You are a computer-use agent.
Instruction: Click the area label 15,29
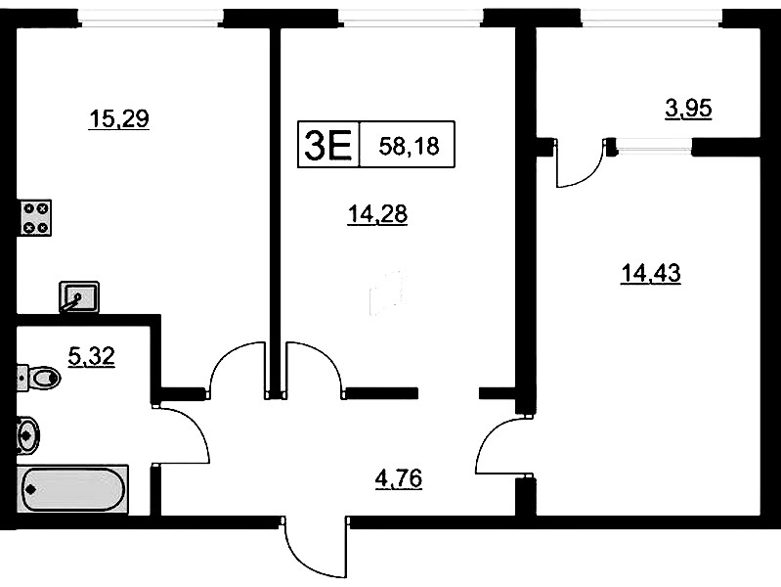[118, 119]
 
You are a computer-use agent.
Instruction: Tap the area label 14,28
[377, 215]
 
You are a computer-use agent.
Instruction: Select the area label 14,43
[650, 274]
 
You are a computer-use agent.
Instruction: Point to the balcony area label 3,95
[688, 109]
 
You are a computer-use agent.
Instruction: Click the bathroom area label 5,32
[92, 356]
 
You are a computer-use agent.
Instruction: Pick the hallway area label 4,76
[399, 479]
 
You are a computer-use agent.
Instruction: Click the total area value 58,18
[409, 146]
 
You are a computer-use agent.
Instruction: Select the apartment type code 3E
[327, 144]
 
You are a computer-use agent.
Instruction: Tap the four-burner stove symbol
[36, 218]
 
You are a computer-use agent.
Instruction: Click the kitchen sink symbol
[79, 297]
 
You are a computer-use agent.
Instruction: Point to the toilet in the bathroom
[39, 378]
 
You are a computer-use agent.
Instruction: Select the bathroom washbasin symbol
[28, 435]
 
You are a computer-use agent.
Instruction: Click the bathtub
[72, 489]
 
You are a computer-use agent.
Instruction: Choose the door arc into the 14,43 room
[486, 439]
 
